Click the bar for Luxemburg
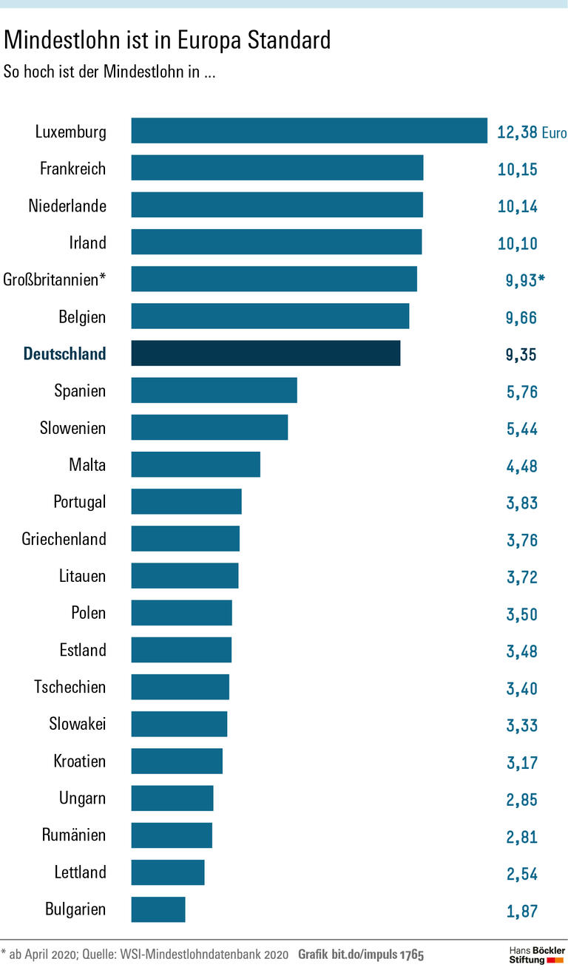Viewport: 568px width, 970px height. (309, 131)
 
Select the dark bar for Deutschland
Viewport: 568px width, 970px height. (266, 353)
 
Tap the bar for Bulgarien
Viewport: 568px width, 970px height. (158, 909)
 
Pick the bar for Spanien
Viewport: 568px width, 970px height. (214, 390)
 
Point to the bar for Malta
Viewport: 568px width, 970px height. (195, 464)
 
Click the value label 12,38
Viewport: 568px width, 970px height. (517, 133)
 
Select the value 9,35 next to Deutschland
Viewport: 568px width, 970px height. (521, 355)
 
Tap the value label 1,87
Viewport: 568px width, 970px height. (521, 911)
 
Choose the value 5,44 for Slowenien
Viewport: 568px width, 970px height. (521, 429)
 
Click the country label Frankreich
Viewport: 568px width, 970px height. (72, 169)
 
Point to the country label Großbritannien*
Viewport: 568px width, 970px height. (55, 279)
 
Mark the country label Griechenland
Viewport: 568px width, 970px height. (64, 539)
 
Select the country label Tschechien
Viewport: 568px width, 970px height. (70, 687)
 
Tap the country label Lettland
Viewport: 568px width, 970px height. (80, 872)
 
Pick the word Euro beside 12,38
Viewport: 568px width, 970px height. (554, 134)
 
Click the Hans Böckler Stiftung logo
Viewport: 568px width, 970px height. (537, 954)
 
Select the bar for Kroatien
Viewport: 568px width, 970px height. (177, 761)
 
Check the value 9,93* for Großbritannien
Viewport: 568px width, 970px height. (524, 281)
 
